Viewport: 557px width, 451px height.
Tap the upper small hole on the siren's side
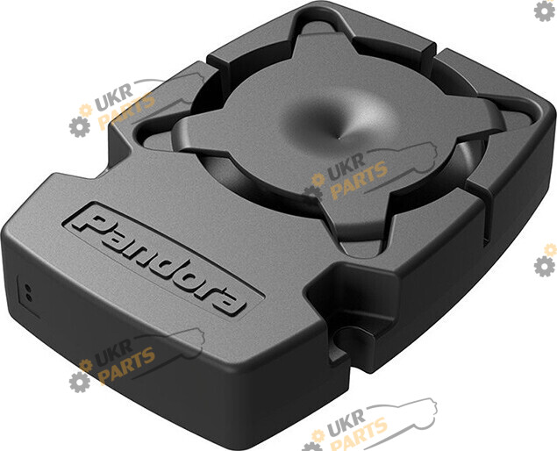coord(28,286)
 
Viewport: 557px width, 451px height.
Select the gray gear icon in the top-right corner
coord(544,11)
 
